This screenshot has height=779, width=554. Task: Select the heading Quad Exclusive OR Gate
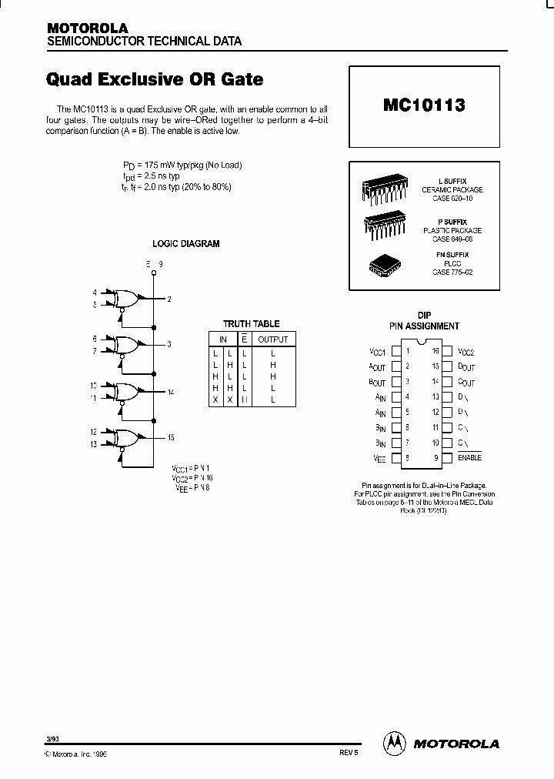155,79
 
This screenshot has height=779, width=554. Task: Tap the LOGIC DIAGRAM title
185,244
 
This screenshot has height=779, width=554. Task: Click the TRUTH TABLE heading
251,324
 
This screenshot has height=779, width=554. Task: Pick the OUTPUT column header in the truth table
272,339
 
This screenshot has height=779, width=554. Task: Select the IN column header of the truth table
222,339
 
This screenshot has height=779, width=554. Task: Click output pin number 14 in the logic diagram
171,392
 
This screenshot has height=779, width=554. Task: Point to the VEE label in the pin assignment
378,458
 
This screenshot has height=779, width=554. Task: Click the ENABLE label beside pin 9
469,458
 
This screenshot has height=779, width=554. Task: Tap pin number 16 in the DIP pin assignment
435,351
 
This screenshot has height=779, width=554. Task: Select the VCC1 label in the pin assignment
377,352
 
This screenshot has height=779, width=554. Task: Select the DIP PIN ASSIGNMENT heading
424,321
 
